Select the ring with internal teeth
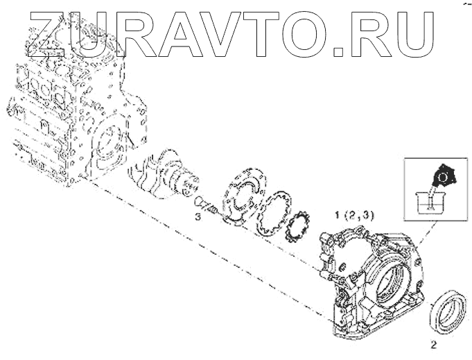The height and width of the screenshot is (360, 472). pyautogui.click(x=272, y=213)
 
